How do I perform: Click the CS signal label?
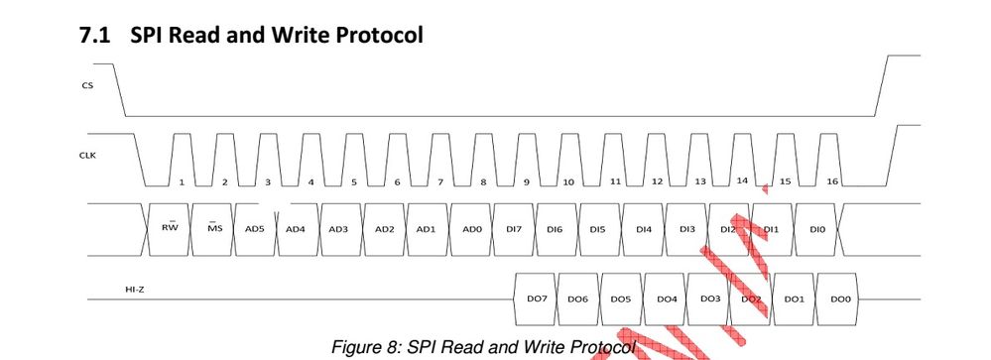pos(87,85)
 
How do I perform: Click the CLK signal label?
pos(88,156)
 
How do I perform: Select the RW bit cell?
pos(168,227)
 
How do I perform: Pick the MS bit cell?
pos(212,227)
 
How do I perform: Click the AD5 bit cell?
pos(255,228)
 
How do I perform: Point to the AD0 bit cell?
pos(471,228)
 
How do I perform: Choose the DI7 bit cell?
pos(514,228)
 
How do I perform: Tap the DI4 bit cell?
pos(644,228)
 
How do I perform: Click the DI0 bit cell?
pos(816,228)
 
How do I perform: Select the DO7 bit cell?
pos(536,298)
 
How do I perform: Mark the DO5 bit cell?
pos(621,298)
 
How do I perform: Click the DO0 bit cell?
pos(840,298)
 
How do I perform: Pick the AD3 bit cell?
pos(339,228)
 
